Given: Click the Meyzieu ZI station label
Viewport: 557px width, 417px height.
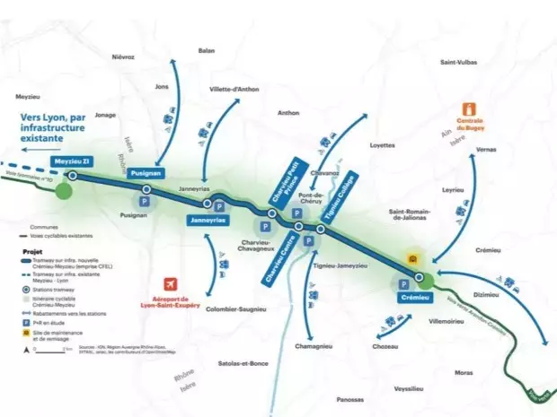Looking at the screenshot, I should pos(74,161).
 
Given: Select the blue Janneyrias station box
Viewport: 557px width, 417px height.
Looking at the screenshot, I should pos(208,220).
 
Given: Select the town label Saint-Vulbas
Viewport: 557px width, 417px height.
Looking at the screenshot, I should pos(459,63).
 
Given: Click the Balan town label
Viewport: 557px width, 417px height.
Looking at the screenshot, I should pos(207,51).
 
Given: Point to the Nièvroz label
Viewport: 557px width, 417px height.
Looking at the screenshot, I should pos(124,56).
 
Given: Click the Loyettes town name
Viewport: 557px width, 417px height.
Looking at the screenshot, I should pos(383,144).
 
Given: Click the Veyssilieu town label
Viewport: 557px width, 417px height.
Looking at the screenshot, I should pos(409,390).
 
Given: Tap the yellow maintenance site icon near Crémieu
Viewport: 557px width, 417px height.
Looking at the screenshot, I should pos(412,260).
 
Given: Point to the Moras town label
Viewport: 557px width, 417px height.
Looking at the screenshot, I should pos(464,372).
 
